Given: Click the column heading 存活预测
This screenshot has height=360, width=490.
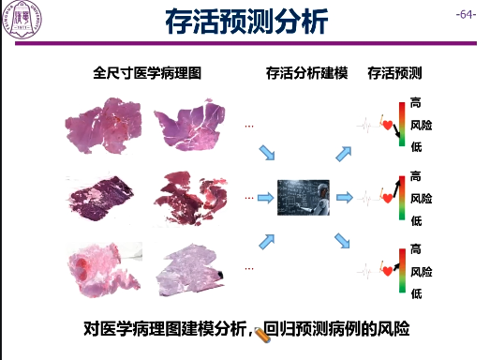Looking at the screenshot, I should [394, 72].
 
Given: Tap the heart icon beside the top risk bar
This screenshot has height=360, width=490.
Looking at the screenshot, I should [387, 123].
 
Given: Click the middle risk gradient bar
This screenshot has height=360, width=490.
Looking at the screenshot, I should [400, 198].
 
